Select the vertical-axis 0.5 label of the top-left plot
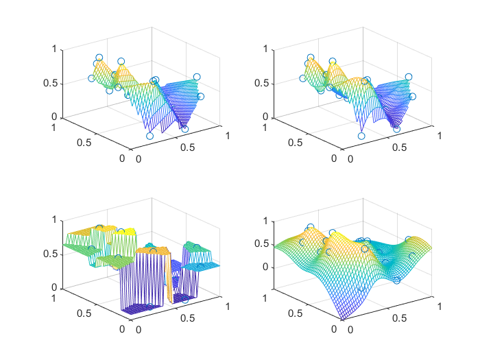pos(51,84)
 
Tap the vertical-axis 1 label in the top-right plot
pos(265,49)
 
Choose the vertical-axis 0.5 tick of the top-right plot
pos(274,84)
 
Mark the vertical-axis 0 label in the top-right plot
pos(265,117)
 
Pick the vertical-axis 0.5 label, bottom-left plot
pos(51,254)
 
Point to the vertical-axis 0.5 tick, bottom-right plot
pos(274,243)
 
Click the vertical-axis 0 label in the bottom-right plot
pos(265,266)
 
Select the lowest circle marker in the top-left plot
pos(150,136)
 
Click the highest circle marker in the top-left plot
pos(99,58)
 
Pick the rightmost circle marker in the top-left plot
pos(201,97)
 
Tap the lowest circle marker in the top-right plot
pos(361,136)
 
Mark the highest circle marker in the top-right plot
pos(311,58)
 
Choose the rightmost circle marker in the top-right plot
pos(412,97)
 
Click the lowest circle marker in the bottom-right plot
pos(397,280)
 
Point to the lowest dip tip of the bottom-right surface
pos(343,318)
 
